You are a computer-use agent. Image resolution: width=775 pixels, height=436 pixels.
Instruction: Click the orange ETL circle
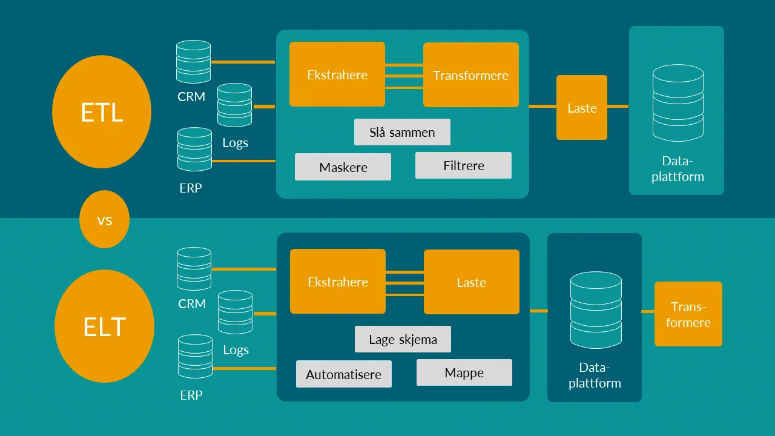tap(102, 112)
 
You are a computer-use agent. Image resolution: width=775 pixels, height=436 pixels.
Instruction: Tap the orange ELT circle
tap(104, 326)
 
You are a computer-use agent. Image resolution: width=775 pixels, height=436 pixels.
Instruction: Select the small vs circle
tap(104, 220)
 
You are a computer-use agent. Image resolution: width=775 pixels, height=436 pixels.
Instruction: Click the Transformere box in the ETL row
tap(470, 74)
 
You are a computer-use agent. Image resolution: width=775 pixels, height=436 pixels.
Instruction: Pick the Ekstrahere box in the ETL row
tap(337, 74)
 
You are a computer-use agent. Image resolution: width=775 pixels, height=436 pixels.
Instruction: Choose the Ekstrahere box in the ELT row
tap(338, 282)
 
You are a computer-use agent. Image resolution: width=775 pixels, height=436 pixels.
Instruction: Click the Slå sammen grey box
tap(402, 132)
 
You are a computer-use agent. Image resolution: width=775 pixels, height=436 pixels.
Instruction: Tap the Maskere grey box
tap(343, 167)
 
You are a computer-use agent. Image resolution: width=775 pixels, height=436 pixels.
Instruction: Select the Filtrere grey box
tap(463, 165)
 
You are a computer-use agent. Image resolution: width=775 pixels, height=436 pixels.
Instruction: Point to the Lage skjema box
tap(403, 339)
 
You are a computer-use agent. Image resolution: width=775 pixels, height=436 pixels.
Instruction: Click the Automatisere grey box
tap(343, 374)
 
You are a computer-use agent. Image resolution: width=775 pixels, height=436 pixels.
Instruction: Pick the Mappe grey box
tap(464, 372)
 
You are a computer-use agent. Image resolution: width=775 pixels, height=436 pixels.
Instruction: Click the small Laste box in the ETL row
tap(582, 108)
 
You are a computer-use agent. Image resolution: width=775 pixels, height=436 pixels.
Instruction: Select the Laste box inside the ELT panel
tap(471, 282)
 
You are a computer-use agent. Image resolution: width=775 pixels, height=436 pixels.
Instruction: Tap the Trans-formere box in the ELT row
tap(688, 314)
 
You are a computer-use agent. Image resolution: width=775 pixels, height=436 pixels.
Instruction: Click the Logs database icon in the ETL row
tap(234, 105)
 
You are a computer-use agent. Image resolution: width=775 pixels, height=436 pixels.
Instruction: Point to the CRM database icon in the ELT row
tap(194, 269)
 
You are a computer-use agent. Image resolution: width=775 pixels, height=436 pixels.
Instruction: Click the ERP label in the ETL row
tap(191, 188)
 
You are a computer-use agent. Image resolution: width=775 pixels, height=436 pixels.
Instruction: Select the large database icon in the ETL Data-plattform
tap(678, 103)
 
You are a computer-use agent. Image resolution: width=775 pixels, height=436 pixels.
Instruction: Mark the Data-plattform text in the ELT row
tap(595, 375)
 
